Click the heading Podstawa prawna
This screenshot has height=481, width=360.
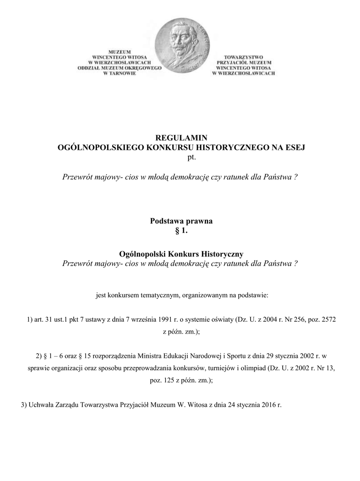click(181, 221)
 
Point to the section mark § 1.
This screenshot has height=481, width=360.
click(181, 230)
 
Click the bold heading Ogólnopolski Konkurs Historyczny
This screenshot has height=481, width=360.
click(181, 254)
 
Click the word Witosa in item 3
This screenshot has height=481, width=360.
click(197, 404)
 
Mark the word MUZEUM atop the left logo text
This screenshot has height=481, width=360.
click(120, 52)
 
